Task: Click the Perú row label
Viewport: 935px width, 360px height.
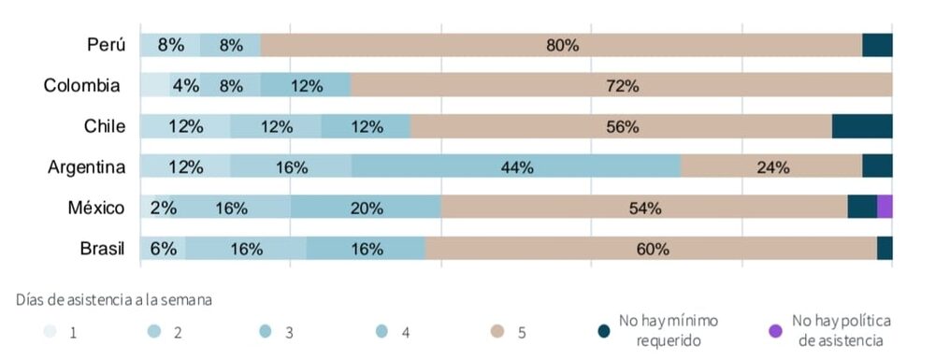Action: pyautogui.click(x=107, y=45)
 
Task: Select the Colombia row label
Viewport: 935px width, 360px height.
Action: pyautogui.click(x=81, y=86)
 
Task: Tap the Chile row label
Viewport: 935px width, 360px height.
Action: pyautogui.click(x=105, y=126)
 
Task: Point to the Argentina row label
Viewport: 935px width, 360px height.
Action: pyautogui.click(x=87, y=167)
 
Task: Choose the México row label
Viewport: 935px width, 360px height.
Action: pyautogui.click(x=96, y=208)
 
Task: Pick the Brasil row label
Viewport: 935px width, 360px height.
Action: pyautogui.click(x=102, y=249)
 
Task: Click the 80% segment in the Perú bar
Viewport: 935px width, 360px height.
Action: pyautogui.click(x=561, y=45)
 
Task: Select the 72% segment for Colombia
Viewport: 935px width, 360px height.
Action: pyautogui.click(x=621, y=86)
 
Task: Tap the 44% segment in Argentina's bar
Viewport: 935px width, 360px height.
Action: pyautogui.click(x=516, y=167)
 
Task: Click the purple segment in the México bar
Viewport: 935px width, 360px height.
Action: pyautogui.click(x=885, y=208)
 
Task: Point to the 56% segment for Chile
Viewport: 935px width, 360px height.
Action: pyautogui.click(x=621, y=126)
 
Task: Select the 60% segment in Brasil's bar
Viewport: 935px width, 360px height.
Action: pyautogui.click(x=651, y=249)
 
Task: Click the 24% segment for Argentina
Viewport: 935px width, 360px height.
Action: pyautogui.click(x=771, y=167)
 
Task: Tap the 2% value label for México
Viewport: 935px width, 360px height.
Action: pyautogui.click(x=164, y=209)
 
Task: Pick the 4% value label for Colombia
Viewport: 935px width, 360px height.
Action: pyautogui.click(x=185, y=86)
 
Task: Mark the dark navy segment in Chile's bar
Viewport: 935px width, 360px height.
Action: pyautogui.click(x=862, y=126)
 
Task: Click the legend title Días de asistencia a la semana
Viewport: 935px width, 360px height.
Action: pyautogui.click(x=113, y=300)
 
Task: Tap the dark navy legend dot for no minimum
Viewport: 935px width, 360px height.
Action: pyautogui.click(x=604, y=330)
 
